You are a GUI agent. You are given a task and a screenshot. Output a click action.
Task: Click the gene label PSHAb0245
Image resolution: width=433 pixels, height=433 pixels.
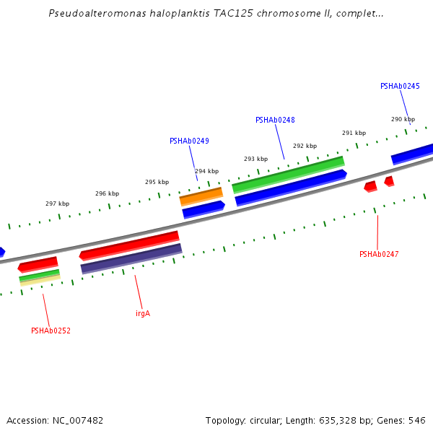(400, 86)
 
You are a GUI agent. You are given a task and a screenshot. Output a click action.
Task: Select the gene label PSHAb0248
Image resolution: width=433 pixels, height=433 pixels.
(275, 120)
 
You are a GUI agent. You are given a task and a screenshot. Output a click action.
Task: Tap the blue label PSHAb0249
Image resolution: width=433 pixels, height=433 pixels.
(189, 141)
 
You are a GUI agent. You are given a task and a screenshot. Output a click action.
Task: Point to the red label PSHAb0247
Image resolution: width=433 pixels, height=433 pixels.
(379, 254)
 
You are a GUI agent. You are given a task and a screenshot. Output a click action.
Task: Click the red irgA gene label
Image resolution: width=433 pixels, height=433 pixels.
(143, 313)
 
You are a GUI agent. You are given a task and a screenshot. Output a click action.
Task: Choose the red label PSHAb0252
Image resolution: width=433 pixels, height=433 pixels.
(51, 331)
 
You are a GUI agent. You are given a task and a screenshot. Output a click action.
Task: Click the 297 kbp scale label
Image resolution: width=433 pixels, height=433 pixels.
(57, 204)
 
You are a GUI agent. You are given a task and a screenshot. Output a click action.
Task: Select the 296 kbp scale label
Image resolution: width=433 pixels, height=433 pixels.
(107, 193)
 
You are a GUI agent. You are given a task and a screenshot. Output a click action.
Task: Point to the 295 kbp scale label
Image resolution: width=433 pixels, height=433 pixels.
(157, 182)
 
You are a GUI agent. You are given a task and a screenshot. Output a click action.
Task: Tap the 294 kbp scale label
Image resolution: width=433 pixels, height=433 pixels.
(206, 171)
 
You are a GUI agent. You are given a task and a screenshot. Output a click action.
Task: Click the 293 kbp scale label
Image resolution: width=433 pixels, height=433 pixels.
(255, 159)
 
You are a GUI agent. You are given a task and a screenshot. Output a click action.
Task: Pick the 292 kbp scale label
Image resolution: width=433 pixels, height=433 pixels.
(305, 146)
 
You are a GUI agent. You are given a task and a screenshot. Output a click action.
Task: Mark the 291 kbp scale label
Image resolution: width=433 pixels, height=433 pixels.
(354, 133)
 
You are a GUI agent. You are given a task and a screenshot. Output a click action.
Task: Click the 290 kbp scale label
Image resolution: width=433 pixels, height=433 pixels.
(403, 119)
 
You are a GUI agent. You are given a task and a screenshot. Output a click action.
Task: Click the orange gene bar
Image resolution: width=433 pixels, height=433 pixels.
(201, 196)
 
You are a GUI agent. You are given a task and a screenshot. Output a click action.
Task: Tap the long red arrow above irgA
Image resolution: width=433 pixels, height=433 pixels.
(130, 245)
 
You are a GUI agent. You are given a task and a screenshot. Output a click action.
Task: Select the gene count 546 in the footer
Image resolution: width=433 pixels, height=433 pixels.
(417, 420)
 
